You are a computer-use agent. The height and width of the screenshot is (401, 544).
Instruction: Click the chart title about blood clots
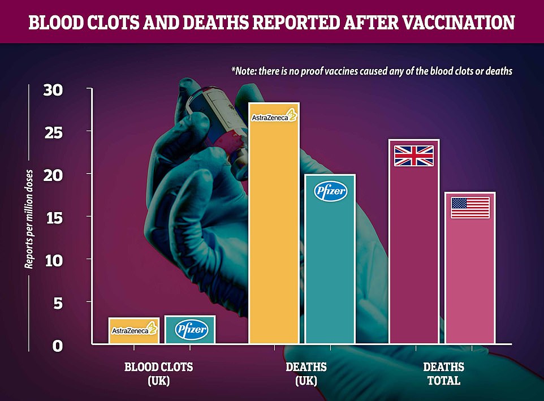pyautogui.click(x=271, y=22)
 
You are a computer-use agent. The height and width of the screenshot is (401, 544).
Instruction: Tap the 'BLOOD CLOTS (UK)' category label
pyautogui.click(x=158, y=374)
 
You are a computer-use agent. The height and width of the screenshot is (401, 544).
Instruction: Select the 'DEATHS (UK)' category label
pyautogui.click(x=306, y=374)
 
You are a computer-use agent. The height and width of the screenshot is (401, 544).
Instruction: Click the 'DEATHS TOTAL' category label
pyautogui.click(x=444, y=374)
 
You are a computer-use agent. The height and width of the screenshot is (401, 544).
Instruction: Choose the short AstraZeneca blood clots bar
pyautogui.click(x=133, y=330)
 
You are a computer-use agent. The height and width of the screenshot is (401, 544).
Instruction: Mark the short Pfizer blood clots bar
pyautogui.click(x=190, y=329)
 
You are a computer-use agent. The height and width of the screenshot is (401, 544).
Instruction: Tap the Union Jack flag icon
pyautogui.click(x=414, y=156)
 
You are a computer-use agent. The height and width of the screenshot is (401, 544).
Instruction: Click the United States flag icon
pyautogui.click(x=470, y=208)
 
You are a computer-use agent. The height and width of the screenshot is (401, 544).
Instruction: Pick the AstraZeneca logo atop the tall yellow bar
pyautogui.click(x=274, y=117)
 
